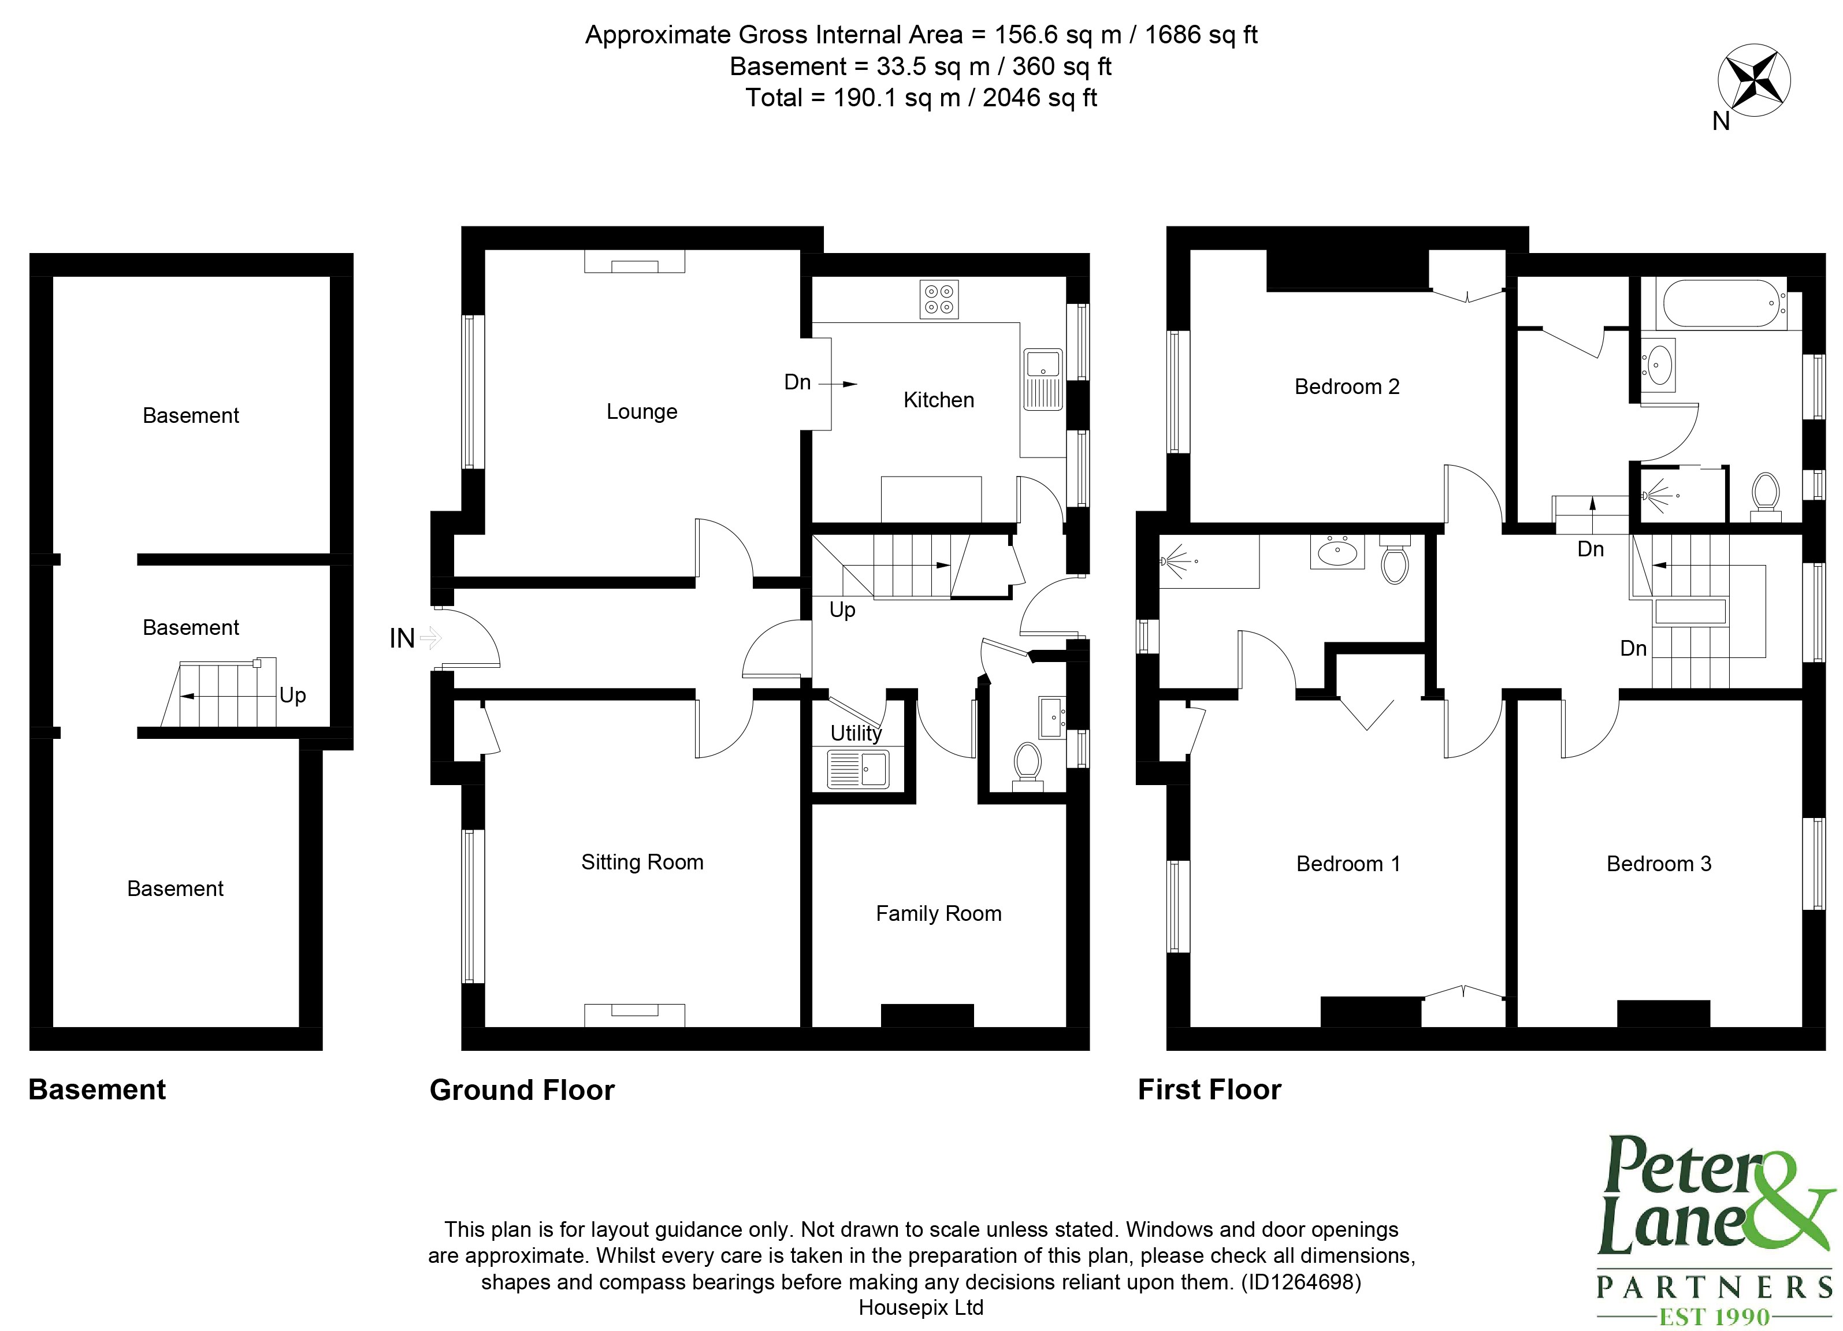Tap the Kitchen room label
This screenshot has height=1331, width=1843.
pos(939,400)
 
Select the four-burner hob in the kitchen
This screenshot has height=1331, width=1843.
pos(939,299)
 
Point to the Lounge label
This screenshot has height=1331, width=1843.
pos(641,411)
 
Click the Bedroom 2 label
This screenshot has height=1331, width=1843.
pos(1347,387)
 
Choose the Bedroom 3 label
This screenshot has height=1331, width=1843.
pos(1659,864)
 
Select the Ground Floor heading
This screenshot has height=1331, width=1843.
pos(522,1090)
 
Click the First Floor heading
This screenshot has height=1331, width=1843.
pos(1209,1090)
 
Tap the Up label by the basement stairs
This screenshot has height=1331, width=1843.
pos(292,696)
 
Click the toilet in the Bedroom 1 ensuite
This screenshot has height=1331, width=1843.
pos(1395,561)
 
